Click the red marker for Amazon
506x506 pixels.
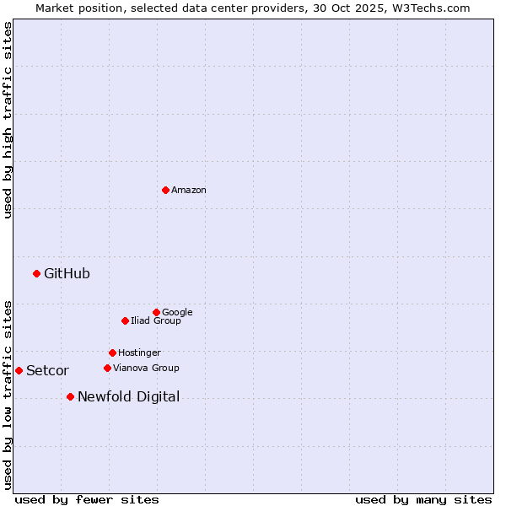tap(165, 190)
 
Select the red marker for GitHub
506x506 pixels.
tap(36, 273)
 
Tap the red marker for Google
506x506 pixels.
tap(156, 312)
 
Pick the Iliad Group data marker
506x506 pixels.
tap(125, 320)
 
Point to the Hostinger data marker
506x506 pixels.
tap(112, 353)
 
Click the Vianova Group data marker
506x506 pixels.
tap(107, 368)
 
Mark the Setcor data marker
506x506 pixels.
tap(19, 370)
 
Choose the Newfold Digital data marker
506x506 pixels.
tap(70, 396)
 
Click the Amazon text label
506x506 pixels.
tap(189, 191)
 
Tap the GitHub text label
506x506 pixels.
tap(67, 273)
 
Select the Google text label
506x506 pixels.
tap(177, 313)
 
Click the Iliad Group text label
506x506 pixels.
tap(156, 321)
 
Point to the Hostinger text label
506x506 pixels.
tap(139, 353)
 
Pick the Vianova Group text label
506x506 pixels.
tap(146, 369)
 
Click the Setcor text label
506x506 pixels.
tap(47, 371)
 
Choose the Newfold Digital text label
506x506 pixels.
tap(128, 397)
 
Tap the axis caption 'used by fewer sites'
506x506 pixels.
tap(87, 499)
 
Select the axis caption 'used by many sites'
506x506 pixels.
tap(423, 499)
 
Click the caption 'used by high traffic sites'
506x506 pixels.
tap(8, 120)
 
